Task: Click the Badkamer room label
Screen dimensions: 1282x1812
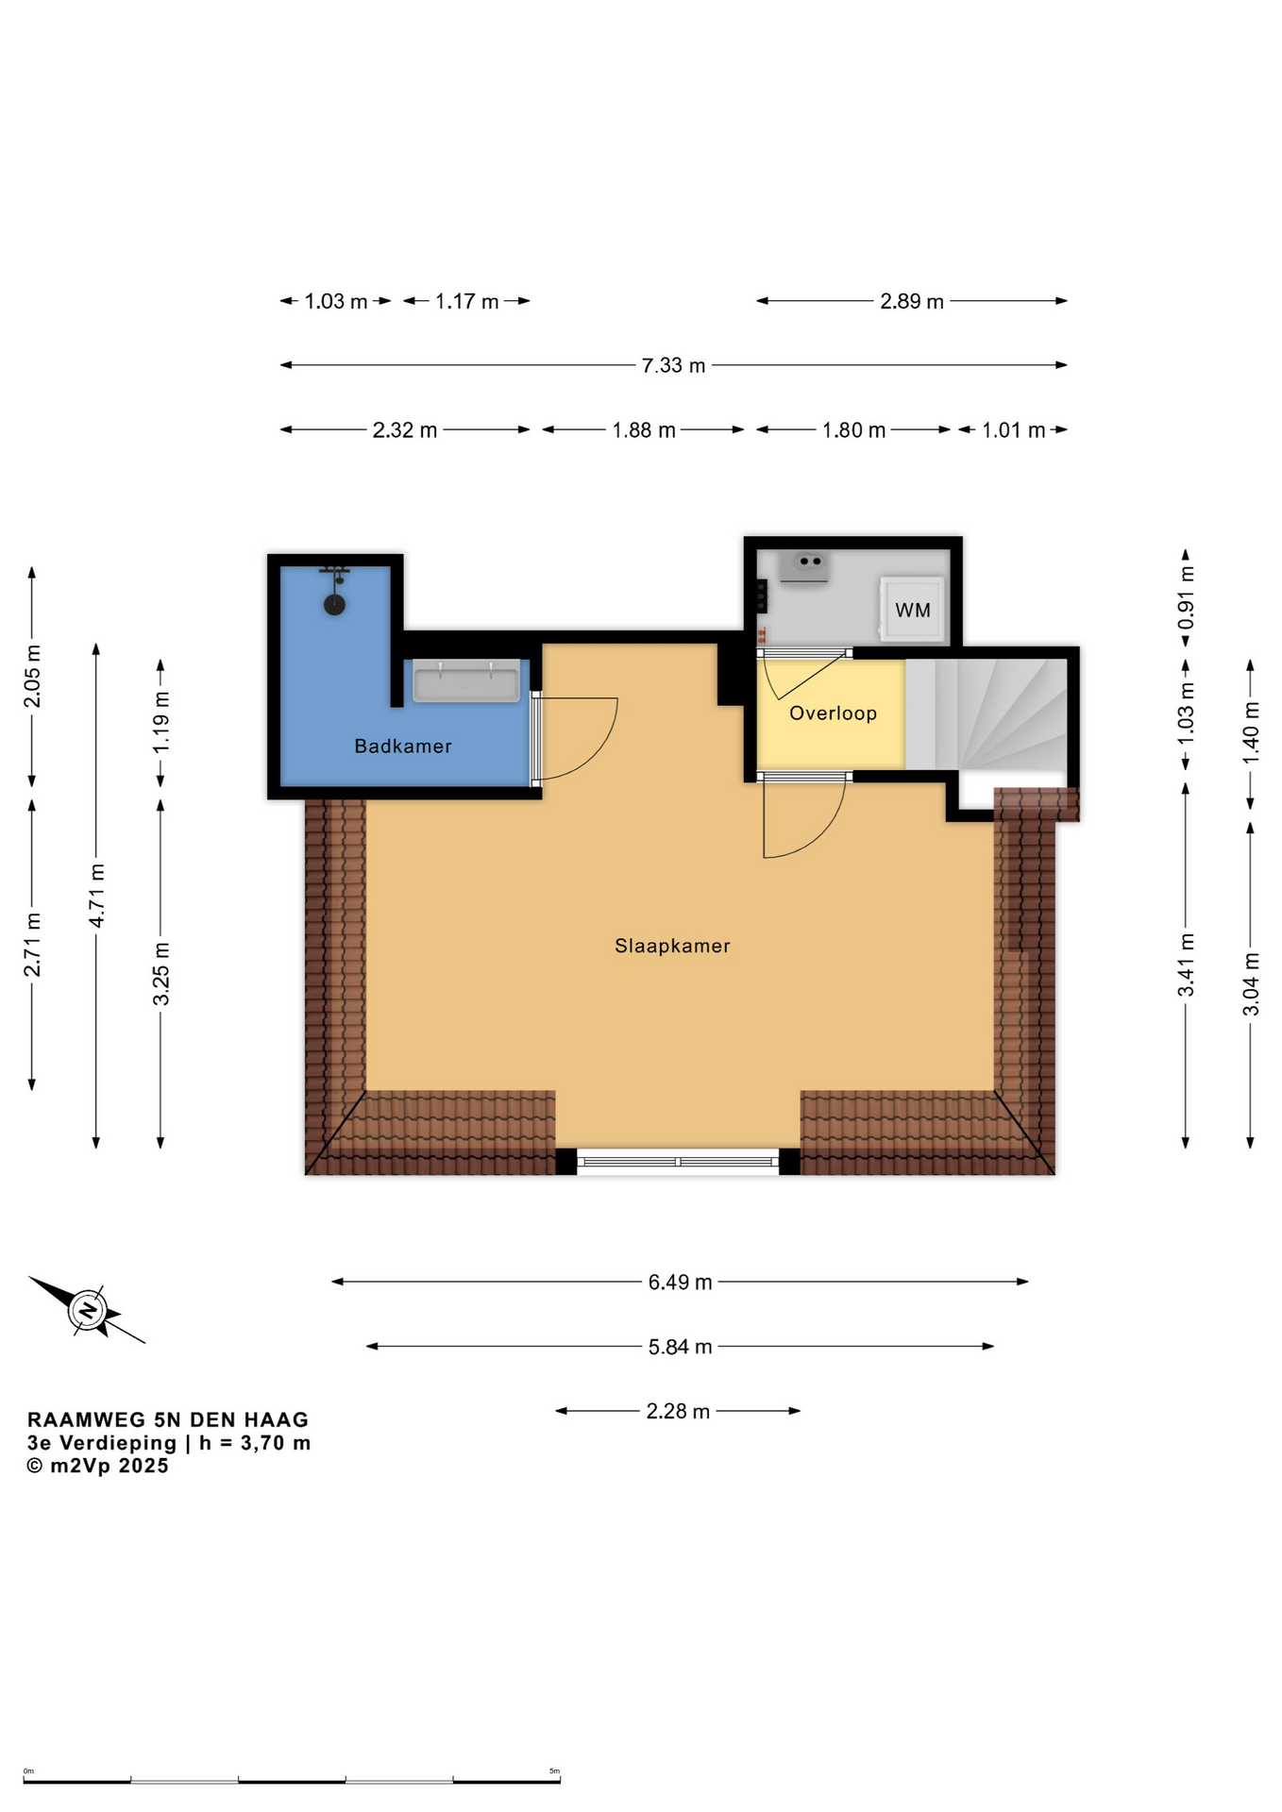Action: coord(403,747)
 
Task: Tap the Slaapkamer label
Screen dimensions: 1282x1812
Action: coord(672,946)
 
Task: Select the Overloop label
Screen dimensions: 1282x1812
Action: coord(833,713)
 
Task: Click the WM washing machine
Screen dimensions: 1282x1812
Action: coord(912,610)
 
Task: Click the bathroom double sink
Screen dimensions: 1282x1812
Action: coord(466,681)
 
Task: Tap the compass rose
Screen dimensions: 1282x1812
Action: coord(87,1310)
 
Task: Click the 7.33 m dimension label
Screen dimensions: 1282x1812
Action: coord(673,365)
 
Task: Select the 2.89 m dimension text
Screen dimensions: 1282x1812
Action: coord(912,301)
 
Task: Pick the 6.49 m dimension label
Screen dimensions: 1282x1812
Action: coord(680,1282)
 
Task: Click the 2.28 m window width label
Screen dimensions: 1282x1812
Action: coord(678,1411)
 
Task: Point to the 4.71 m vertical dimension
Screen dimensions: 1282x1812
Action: coord(96,895)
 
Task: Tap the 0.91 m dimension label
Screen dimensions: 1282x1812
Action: coord(1186,597)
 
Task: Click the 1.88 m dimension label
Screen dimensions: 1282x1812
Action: coord(644,430)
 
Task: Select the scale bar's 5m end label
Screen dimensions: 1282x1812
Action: coord(555,1770)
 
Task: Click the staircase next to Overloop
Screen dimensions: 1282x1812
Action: coord(987,713)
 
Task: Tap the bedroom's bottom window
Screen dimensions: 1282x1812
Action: coord(678,1162)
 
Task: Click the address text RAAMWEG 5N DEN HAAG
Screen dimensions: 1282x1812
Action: coord(168,1419)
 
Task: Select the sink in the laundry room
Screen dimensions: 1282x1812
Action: coord(804,567)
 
